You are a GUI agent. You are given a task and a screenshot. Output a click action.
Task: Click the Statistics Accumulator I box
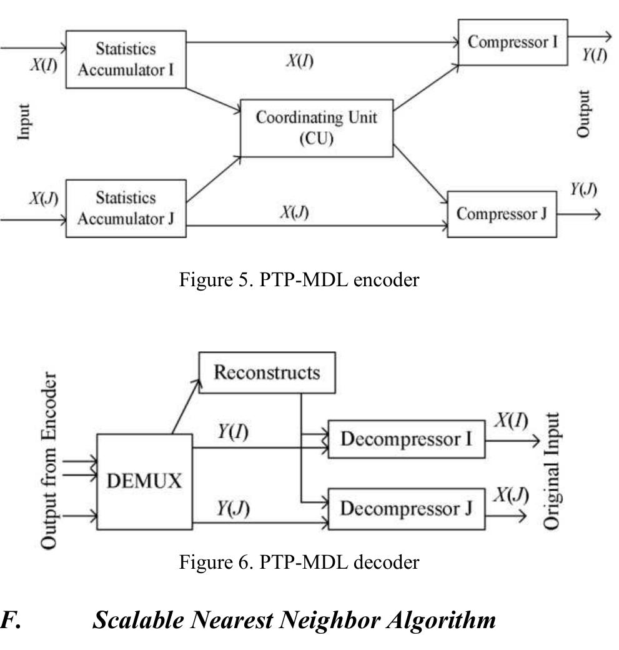126,59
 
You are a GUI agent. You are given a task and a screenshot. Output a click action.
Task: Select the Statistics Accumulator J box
126,209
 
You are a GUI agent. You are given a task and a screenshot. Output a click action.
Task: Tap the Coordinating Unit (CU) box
317,128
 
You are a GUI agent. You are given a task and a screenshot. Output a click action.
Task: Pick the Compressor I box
513,42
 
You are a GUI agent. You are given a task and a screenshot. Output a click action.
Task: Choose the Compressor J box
502,214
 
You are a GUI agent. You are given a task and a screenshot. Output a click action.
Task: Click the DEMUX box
144,482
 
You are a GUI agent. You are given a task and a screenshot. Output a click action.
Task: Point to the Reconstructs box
267,372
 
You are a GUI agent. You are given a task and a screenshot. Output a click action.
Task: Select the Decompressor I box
407,439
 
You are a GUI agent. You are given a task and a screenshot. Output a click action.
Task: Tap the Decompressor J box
407,509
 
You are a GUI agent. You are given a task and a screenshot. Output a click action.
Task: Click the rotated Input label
24,122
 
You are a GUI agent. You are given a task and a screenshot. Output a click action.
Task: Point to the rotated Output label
583,114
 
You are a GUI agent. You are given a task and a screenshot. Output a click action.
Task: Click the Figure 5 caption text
299,280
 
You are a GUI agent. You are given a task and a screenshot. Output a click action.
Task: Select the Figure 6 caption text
299,562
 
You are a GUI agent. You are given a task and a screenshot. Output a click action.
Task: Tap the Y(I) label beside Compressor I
595,55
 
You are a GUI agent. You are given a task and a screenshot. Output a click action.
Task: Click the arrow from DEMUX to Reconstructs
186,407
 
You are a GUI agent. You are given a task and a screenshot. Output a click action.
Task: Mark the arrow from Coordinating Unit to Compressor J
420,174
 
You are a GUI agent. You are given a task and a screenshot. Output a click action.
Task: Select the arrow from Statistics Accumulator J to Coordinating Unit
214,179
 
